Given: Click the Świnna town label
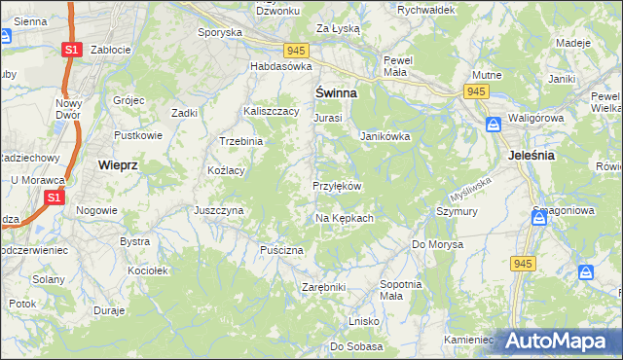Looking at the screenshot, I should click(335, 92).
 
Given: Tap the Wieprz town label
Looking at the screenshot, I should click(120, 165).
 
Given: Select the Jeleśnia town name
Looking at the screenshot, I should click(531, 155).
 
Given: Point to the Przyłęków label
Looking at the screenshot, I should click(337, 186).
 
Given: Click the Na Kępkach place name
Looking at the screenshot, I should click(344, 218).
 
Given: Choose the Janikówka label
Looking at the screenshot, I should click(385, 136).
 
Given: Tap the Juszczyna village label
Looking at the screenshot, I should click(219, 210).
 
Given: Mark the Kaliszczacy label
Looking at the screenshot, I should click(272, 112).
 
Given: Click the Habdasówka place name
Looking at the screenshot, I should click(280, 66).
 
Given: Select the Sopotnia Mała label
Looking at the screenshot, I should click(400, 289).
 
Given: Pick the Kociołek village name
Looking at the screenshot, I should click(148, 270).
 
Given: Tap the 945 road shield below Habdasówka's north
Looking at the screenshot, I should click(297, 50).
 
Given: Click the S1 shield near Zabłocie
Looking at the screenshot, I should click(71, 49).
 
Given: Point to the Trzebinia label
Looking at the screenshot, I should click(241, 141).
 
